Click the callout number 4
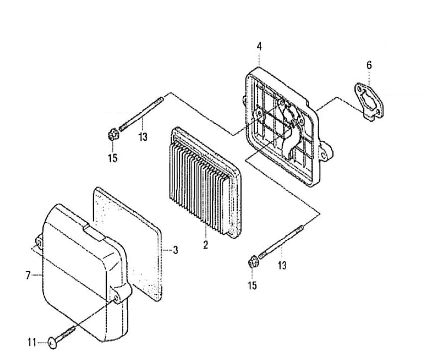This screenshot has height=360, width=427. (x=259, y=46)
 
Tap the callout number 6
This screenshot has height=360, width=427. (x=369, y=65)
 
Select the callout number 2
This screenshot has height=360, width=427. (x=206, y=244)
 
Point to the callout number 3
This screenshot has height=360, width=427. (x=175, y=250)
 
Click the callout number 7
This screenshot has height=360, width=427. (x=28, y=275)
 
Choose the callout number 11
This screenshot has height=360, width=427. (x=32, y=342)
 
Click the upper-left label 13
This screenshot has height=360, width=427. (x=142, y=136)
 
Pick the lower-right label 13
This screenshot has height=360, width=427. (x=282, y=265)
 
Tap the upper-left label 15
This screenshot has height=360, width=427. (x=113, y=158)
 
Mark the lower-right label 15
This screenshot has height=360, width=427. (x=252, y=285)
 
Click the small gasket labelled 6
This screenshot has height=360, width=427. (x=370, y=102)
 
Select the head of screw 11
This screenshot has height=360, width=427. (x=52, y=342)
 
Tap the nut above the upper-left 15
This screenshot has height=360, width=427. (x=113, y=135)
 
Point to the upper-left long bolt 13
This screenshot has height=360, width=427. (x=141, y=115)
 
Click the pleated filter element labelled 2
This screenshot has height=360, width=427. (x=206, y=182)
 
